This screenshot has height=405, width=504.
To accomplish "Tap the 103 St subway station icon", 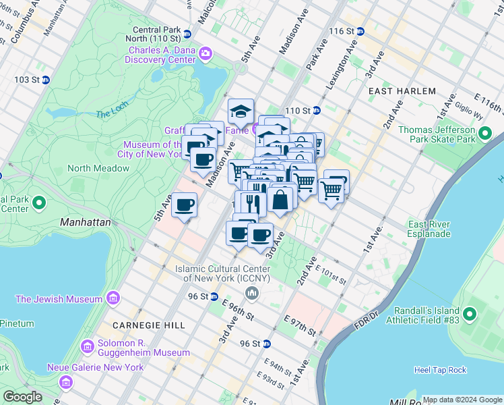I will tap(46, 80).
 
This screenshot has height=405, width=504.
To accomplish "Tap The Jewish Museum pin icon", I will tap(113, 298).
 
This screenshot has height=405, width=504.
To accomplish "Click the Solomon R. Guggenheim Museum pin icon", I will tap(87, 347).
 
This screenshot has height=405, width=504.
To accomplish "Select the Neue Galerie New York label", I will tap(95, 367).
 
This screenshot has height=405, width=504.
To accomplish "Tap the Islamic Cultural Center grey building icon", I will tap(252, 292).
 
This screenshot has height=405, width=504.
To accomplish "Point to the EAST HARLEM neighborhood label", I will tap(402, 90).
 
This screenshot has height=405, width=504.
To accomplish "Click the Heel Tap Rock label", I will tap(441, 370).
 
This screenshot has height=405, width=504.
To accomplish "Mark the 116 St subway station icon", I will tap(360, 31).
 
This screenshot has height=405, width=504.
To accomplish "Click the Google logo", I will tap(23, 397).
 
